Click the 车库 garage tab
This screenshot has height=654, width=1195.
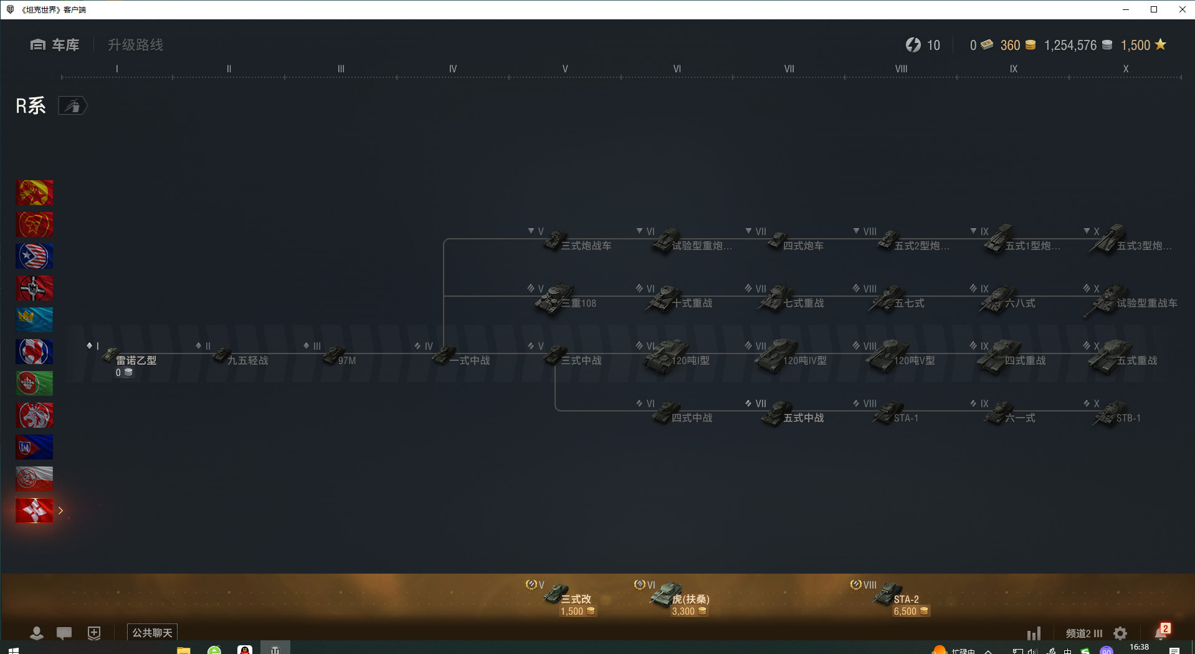[x=55, y=45]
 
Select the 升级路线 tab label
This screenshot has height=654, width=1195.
[x=135, y=45]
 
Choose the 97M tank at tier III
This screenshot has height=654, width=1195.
[x=340, y=359]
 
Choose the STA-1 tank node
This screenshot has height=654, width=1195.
[x=897, y=416]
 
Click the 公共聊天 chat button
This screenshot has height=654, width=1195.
[x=152, y=633]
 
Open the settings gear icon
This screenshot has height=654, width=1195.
[x=1120, y=633]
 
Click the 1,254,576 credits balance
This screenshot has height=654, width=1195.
[x=1070, y=45]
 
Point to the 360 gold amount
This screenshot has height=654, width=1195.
[x=1010, y=45]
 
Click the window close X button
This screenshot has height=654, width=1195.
[x=1182, y=9]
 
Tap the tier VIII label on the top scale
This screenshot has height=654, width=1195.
[x=901, y=69]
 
